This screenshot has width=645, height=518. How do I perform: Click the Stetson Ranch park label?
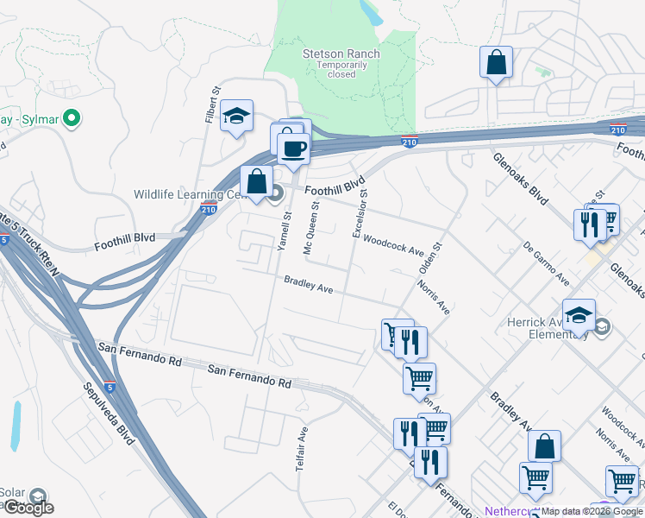point(341,54)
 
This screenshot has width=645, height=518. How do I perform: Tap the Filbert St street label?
point(210,104)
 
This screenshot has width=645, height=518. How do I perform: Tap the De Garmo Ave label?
point(547,264)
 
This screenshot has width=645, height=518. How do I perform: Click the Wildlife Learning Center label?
point(191,193)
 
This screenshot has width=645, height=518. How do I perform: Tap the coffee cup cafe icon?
point(293,148)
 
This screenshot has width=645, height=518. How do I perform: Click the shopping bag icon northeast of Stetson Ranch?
point(496,62)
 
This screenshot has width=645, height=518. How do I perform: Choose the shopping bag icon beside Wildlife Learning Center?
point(256,182)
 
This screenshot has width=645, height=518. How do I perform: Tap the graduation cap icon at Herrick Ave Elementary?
point(579,316)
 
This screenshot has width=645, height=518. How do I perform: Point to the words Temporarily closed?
point(341,70)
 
